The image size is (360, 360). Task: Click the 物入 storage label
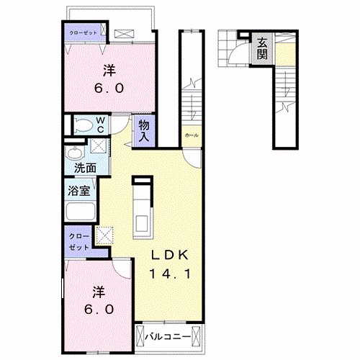(x=143, y=131)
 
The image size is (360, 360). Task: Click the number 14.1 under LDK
(x=170, y=274)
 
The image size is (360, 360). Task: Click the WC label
(x=101, y=123)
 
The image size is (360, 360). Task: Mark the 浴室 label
(x=79, y=191)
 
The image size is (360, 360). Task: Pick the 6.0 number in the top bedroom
(x=110, y=88)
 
